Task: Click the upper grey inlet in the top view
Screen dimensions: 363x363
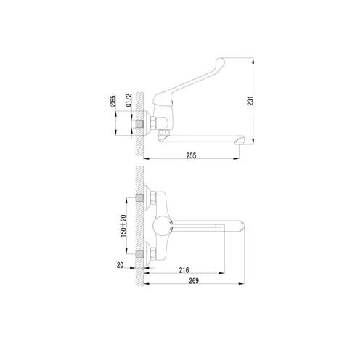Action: (140, 197)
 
